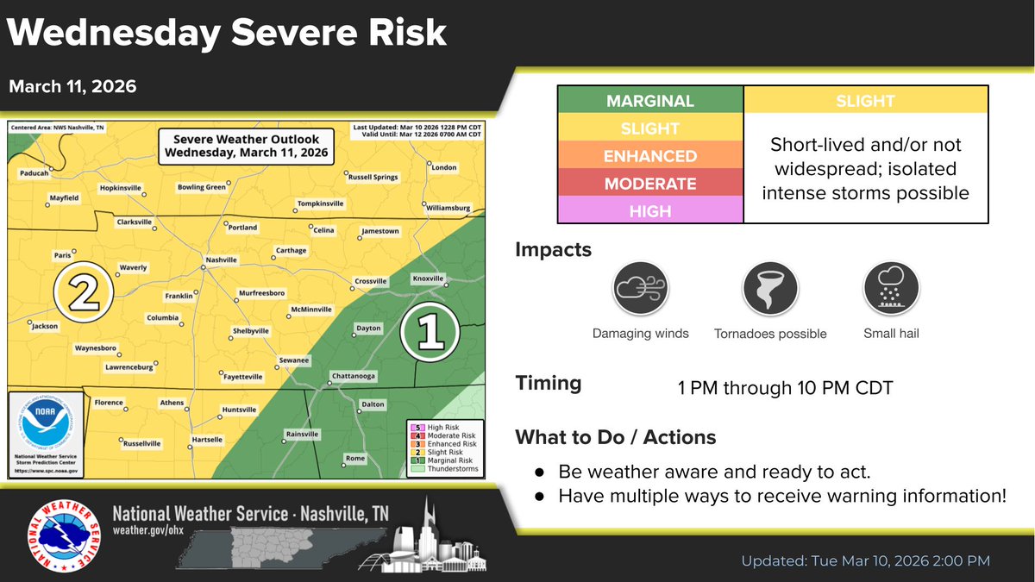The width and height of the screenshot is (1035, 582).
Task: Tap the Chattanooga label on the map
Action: (354, 376)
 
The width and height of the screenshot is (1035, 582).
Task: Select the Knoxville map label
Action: (429, 278)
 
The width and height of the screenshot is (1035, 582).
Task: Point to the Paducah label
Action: (34, 172)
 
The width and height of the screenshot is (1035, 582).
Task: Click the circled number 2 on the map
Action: (85, 295)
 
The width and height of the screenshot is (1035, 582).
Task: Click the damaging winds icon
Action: (640, 289)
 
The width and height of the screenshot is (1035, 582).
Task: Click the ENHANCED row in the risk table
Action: (650, 156)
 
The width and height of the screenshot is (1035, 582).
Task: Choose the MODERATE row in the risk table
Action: (650, 184)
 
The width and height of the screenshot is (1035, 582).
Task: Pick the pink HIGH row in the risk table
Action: (650, 211)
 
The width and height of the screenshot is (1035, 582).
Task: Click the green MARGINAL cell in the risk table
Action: (650, 101)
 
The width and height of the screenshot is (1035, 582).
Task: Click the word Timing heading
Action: (548, 383)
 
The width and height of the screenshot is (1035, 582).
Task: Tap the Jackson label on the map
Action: (44, 327)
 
